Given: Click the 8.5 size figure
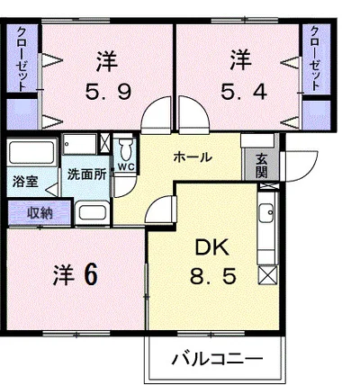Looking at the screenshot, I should (x=212, y=277).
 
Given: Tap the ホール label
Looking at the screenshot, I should (x=192, y=157).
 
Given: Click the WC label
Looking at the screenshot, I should (x=126, y=166).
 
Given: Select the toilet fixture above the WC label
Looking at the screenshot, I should (x=126, y=148).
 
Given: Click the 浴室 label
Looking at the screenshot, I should (x=24, y=182).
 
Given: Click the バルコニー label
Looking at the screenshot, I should (x=218, y=359).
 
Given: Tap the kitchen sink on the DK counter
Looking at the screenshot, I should (x=267, y=213).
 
